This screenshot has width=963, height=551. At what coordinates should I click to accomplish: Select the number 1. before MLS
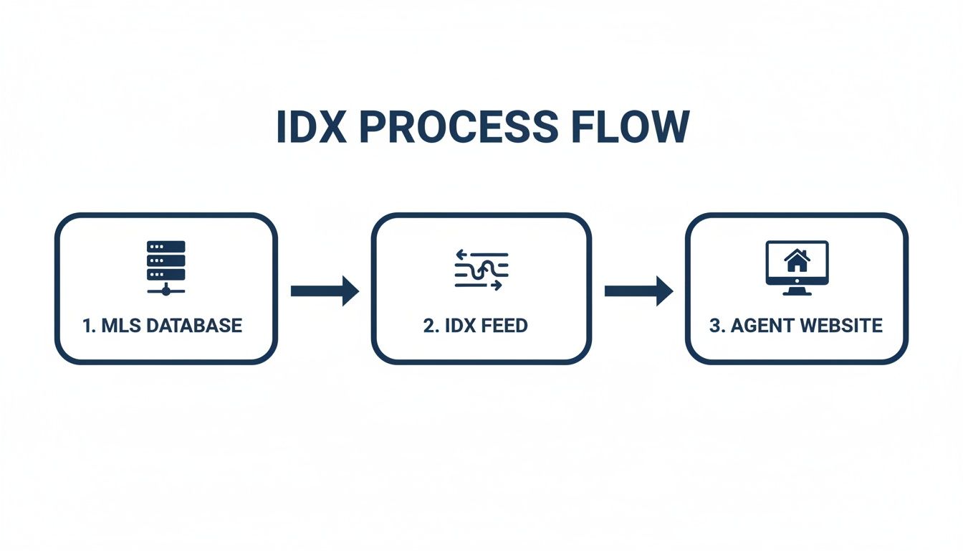(89, 325)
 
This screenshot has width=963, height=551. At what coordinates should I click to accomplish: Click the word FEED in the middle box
(504, 325)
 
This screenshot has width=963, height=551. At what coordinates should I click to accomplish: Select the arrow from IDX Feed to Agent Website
(638, 291)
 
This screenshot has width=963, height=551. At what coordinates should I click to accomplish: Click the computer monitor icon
(797, 264)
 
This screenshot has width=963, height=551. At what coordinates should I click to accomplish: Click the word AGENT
(761, 325)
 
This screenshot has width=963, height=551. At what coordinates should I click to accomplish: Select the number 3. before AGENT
(717, 325)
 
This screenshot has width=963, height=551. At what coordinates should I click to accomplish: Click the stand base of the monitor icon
(797, 292)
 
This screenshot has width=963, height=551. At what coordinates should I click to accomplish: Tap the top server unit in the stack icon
(166, 246)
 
